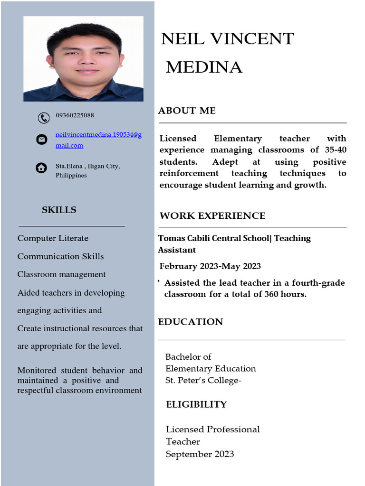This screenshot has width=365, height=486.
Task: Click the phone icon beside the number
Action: pyautogui.click(x=44, y=118)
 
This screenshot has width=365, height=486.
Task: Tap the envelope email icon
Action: pyautogui.click(x=42, y=140)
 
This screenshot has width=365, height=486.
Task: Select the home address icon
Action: pyautogui.click(x=41, y=168)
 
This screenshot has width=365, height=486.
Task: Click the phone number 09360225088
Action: pyautogui.click(x=75, y=115)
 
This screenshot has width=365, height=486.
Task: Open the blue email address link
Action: pyautogui.click(x=98, y=135)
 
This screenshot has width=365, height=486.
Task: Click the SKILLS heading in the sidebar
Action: pyautogui.click(x=59, y=210)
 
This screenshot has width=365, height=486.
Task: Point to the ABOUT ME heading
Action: pyautogui.click(x=187, y=111)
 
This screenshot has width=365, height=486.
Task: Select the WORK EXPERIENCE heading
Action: pyautogui.click(x=212, y=216)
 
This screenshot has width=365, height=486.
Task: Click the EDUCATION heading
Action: pyautogui.click(x=190, y=322)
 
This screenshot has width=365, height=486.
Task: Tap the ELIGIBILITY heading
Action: pyautogui.click(x=196, y=404)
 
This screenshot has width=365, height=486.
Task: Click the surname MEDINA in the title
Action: pyautogui.click(x=204, y=67)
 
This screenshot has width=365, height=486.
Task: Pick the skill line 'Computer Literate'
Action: pyautogui.click(x=53, y=238)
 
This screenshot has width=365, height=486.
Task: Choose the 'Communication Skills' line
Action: pyautogui.click(x=60, y=256)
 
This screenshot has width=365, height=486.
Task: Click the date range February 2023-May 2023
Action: pyautogui.click(x=210, y=266)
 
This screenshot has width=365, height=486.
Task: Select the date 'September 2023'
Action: pyautogui.click(x=200, y=454)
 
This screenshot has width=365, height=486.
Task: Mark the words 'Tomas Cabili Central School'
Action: pyautogui.click(x=213, y=238)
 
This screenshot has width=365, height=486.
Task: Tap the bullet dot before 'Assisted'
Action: pyautogui.click(x=158, y=282)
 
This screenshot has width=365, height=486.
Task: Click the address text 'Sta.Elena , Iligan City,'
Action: pyautogui.click(x=87, y=166)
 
